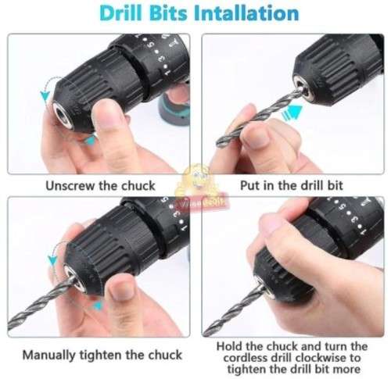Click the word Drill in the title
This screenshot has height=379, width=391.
click(x=124, y=13)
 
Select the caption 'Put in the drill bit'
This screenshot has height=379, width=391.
click(x=290, y=185)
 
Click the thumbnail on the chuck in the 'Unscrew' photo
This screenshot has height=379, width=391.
click(x=112, y=116)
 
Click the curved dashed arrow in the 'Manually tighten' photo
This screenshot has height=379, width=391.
click(x=51, y=258)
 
